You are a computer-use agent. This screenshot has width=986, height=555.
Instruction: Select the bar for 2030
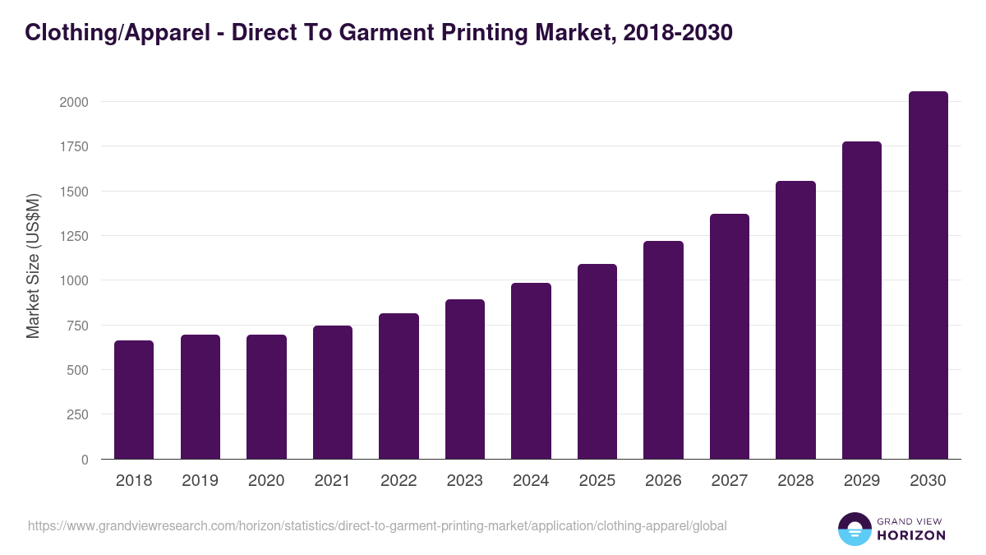928,275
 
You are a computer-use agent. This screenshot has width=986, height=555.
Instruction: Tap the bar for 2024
531,371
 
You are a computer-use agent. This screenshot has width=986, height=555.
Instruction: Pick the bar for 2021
333,392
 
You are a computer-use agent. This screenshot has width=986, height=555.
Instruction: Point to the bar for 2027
730,336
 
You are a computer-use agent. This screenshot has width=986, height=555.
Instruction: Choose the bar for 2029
862,300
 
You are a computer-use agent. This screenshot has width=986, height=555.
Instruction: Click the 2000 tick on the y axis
74,102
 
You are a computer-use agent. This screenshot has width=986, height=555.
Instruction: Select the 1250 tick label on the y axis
74,236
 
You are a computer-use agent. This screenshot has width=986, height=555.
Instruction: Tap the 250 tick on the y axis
79,414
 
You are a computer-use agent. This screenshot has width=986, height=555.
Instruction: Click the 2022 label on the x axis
399,481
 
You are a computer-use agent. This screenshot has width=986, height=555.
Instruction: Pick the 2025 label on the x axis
597,481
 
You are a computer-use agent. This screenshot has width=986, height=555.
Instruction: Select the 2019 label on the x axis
200,481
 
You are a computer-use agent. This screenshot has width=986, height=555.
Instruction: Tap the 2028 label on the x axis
795,481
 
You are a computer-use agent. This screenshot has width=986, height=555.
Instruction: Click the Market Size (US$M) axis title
33,266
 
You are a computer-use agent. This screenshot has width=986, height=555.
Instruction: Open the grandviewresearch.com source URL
377,525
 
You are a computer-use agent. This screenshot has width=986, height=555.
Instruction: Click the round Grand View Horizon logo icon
854,529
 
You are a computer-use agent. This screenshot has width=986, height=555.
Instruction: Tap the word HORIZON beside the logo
911,535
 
